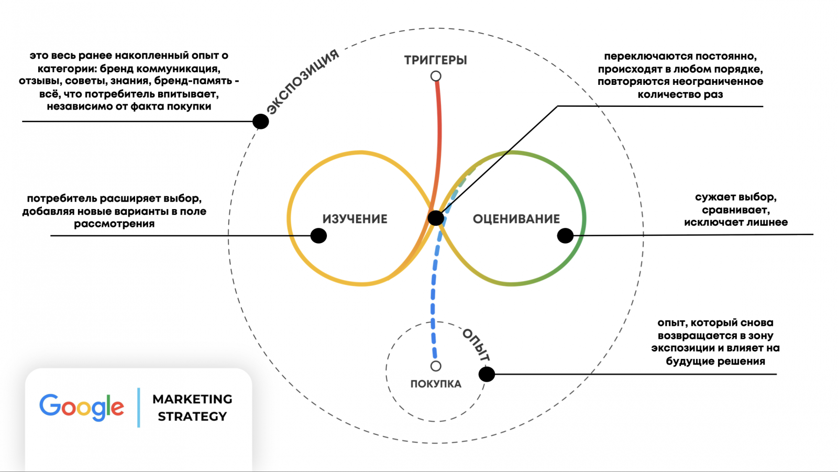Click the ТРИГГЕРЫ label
(x=435, y=60)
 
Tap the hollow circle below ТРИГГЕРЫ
(x=436, y=76)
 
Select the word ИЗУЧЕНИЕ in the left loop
(x=355, y=219)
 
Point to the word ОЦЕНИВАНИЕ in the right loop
(x=516, y=219)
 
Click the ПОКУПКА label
(x=436, y=384)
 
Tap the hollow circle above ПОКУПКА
(x=436, y=366)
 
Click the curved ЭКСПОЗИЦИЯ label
(x=303, y=81)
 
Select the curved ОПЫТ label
(x=476, y=345)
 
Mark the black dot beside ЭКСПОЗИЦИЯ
(x=260, y=122)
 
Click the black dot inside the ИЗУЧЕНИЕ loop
(x=318, y=236)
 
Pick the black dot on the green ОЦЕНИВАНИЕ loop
(x=565, y=236)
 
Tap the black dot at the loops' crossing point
(x=436, y=218)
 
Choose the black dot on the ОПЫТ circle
(x=487, y=374)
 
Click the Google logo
(x=82, y=407)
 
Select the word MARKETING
(x=192, y=399)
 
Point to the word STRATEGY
(x=192, y=416)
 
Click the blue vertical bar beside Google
(x=139, y=408)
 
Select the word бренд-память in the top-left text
(x=193, y=81)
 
